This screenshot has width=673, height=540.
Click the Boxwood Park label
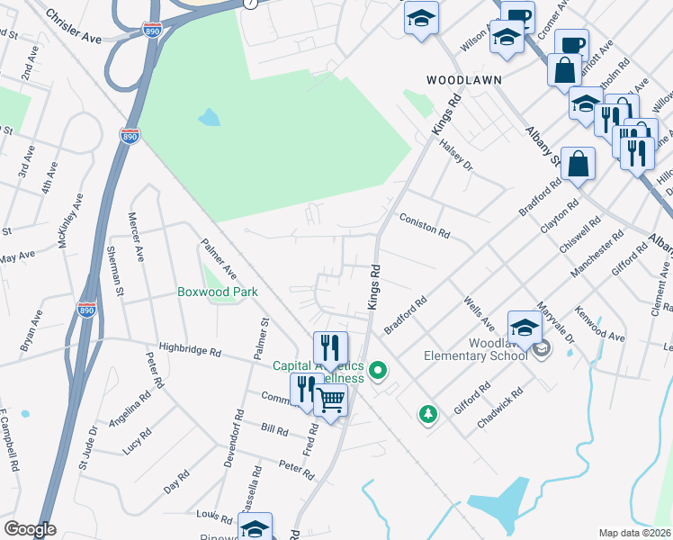[217, 292]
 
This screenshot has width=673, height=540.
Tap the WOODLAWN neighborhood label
[463, 79]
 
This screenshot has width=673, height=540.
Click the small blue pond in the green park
[209, 117]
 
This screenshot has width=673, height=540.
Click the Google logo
[30, 529]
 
